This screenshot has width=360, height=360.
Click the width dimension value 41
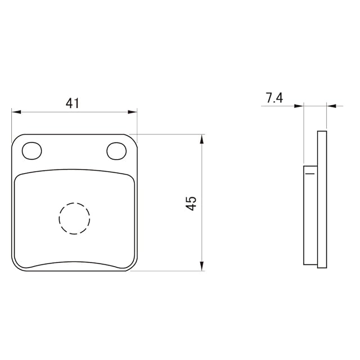(73, 103)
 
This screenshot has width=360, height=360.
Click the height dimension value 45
(191, 203)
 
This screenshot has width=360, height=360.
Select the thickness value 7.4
(274, 97)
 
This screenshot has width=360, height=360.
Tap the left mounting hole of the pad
(32, 151)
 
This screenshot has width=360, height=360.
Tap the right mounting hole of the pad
(116, 151)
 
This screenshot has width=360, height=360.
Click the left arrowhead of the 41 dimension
(16, 112)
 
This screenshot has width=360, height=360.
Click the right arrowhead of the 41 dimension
(133, 112)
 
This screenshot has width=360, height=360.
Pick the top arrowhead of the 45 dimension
(201, 139)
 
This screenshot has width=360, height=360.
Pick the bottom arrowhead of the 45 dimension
(201, 266)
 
